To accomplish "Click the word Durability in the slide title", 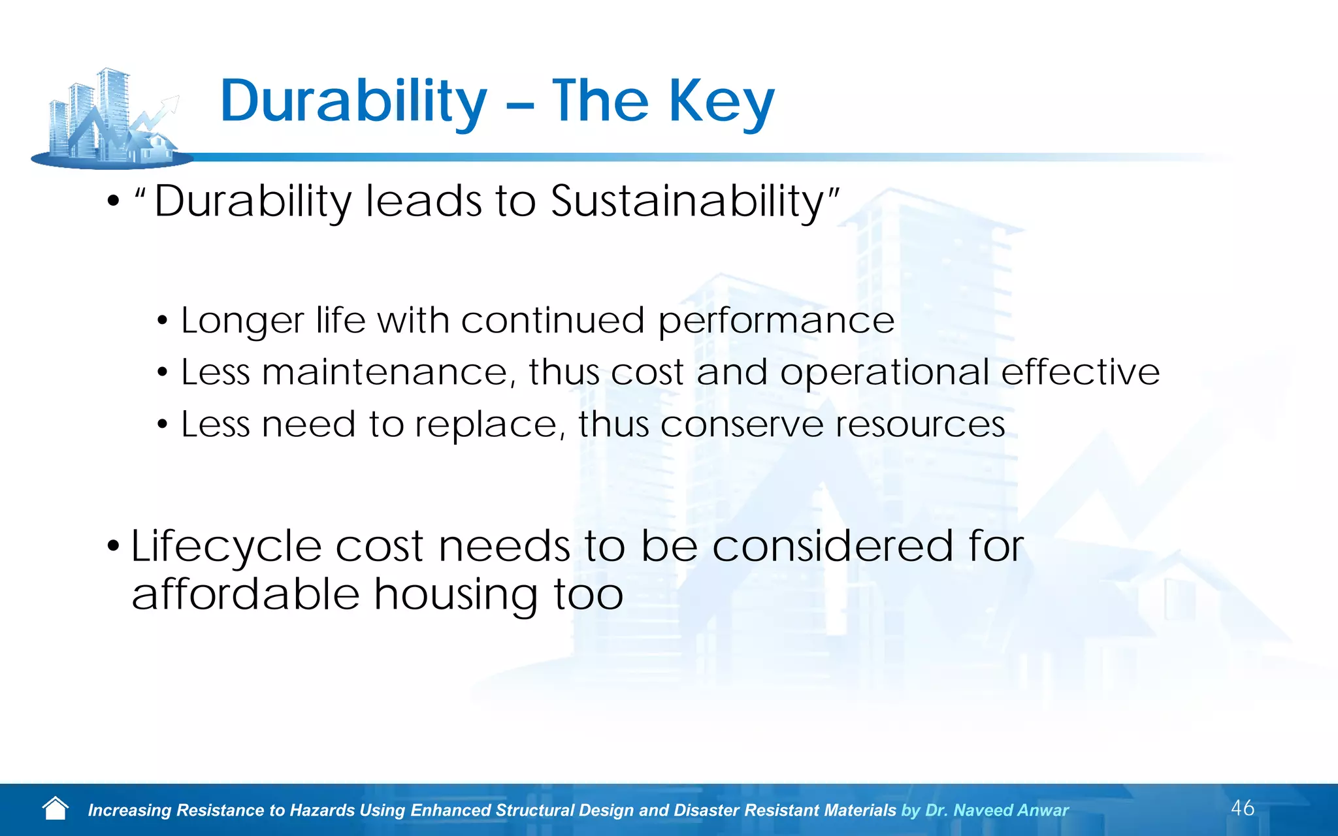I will click(x=353, y=101).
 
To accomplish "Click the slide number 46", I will click(x=1242, y=808).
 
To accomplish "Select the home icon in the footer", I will click(x=55, y=809).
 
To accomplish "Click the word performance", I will click(x=775, y=321).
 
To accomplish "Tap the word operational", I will click(x=884, y=372).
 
